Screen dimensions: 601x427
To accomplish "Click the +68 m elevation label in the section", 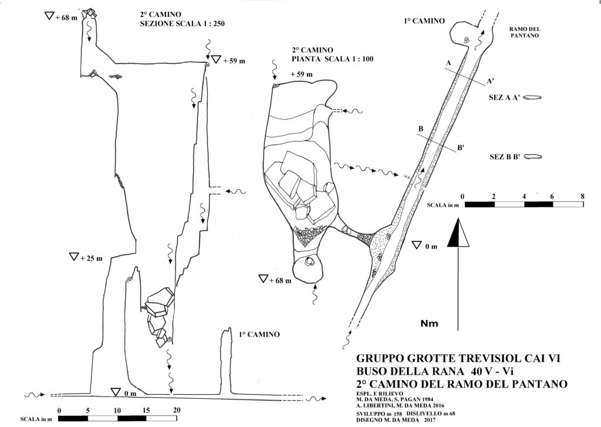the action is pos(67,17).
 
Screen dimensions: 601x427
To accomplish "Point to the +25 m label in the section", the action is pos(91,258).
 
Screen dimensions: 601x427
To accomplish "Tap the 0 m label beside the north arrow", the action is pos(431,247).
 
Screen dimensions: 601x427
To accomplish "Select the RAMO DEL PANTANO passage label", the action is pos(525,32).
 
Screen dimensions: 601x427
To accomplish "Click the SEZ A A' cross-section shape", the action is pos(533,97).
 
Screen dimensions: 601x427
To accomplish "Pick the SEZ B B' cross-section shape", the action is pos(533,157).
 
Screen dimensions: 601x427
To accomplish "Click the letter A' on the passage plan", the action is pos(490,81).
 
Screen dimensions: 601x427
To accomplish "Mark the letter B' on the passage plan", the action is pos(460,147).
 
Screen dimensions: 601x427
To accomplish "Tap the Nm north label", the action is pos(429,324).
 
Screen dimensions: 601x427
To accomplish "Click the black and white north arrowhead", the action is pos(458,233).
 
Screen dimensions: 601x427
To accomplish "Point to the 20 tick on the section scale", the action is pos(176,410).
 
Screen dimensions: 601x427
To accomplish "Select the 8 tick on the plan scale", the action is pos(583,196).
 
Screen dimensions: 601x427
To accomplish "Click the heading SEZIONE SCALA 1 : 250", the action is pos(183,23).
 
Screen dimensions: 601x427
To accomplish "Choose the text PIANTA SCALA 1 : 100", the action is pos(333,59).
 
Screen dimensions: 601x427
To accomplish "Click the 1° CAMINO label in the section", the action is pos(259,335).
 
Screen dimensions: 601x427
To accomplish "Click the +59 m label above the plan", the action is pos(302,75).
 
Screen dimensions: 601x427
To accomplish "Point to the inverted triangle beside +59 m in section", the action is pos(217,59).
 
